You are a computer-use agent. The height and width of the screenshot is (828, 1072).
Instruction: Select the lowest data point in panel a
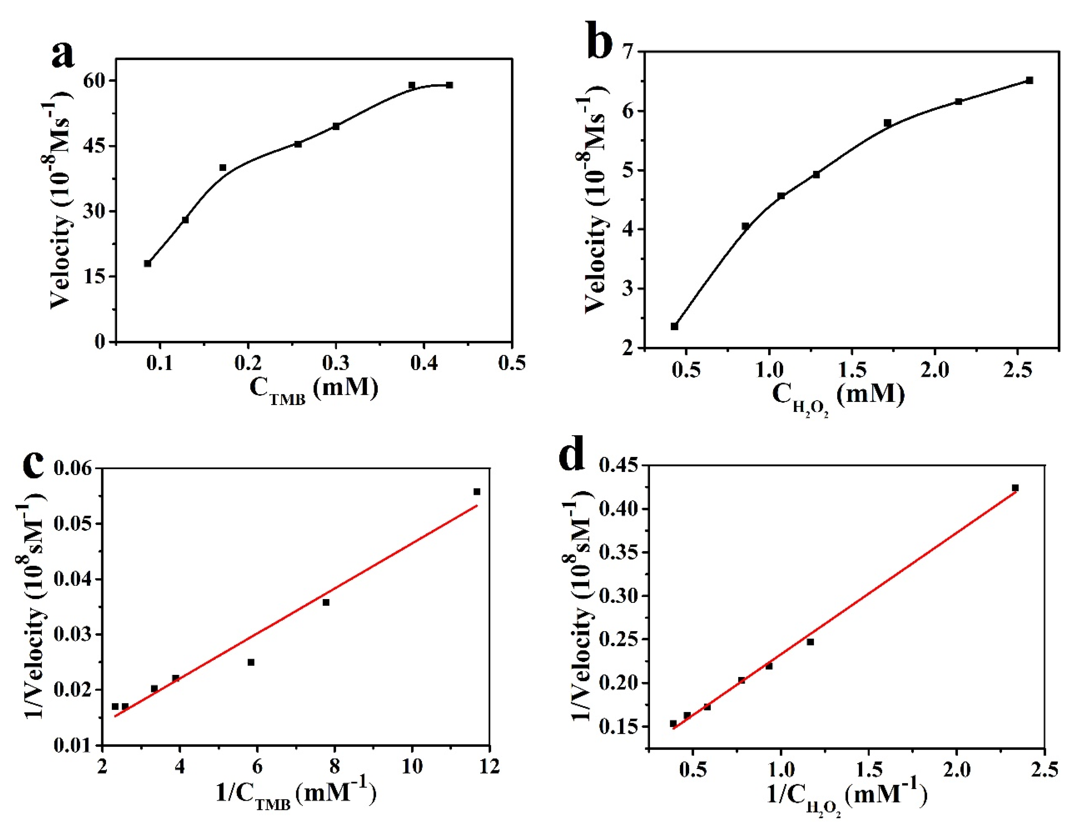tap(148, 263)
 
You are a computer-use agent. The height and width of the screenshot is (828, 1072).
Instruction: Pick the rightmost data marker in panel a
tap(449, 85)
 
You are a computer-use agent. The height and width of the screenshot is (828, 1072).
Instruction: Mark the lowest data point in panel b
tap(674, 326)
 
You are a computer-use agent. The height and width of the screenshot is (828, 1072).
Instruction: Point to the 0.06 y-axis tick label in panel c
tap(73, 469)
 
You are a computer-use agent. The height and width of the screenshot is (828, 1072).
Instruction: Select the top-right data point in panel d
tap(1015, 488)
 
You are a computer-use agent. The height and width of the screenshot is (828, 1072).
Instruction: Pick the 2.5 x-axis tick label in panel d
tap(1044, 770)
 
